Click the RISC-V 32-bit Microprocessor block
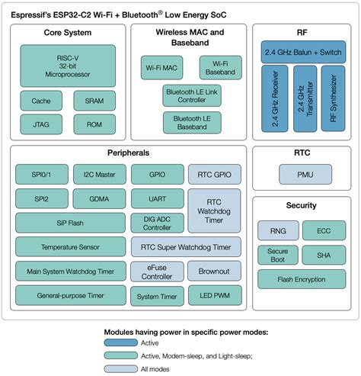(65, 65)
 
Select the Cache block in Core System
(41, 101)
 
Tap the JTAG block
(41, 124)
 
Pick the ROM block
(94, 124)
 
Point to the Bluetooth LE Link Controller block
(190, 95)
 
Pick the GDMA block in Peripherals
(98, 199)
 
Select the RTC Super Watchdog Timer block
(185, 247)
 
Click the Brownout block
(214, 272)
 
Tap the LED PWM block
(214, 295)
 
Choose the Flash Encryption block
(302, 279)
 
